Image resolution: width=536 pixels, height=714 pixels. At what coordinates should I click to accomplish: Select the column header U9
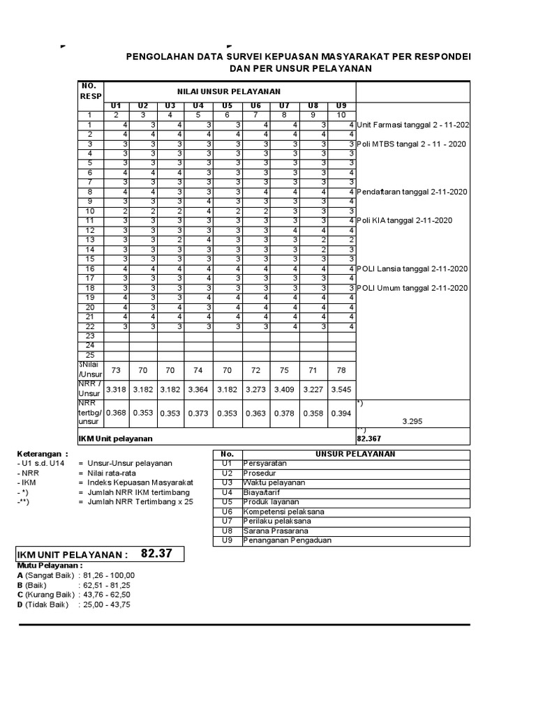tap(341, 105)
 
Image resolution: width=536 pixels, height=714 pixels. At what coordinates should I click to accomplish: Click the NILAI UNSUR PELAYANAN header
tap(228, 91)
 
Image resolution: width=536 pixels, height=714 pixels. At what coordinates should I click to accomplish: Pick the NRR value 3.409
tap(284, 389)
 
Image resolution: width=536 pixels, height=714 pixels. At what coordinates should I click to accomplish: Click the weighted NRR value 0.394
tap(341, 413)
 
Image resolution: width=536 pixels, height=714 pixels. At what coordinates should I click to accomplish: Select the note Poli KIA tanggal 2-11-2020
tap(405, 221)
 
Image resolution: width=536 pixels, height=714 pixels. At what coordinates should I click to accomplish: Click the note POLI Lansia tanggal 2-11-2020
tap(412, 269)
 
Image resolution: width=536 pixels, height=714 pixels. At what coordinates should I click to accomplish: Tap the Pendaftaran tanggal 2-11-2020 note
tap(412, 192)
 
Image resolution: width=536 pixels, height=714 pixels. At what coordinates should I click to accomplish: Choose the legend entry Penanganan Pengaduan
tap(277, 540)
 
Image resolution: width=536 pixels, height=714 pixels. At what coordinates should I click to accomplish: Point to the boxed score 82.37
tap(156, 554)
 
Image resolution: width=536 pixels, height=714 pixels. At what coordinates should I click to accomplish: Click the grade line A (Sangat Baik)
tap(76, 575)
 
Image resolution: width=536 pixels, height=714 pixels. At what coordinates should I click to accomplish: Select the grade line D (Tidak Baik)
tap(73, 605)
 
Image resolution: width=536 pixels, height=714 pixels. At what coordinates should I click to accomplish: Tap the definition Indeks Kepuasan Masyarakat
tap(140, 483)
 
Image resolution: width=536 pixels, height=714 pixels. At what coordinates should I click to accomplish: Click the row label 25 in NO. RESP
tap(89, 355)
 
